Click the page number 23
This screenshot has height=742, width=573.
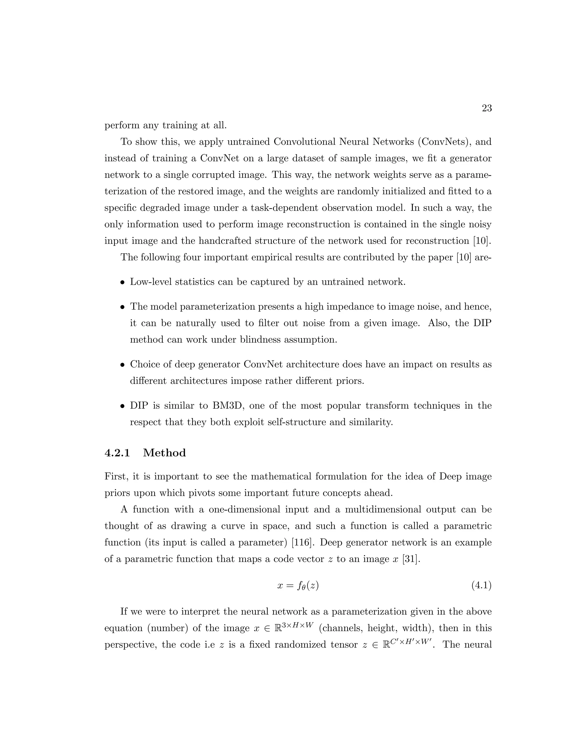[x=487, y=108]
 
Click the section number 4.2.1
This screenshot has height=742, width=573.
[x=117, y=453]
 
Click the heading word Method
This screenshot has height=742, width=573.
[x=164, y=453]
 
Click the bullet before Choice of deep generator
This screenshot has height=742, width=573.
[x=123, y=365]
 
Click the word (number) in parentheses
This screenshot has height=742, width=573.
[x=168, y=628]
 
